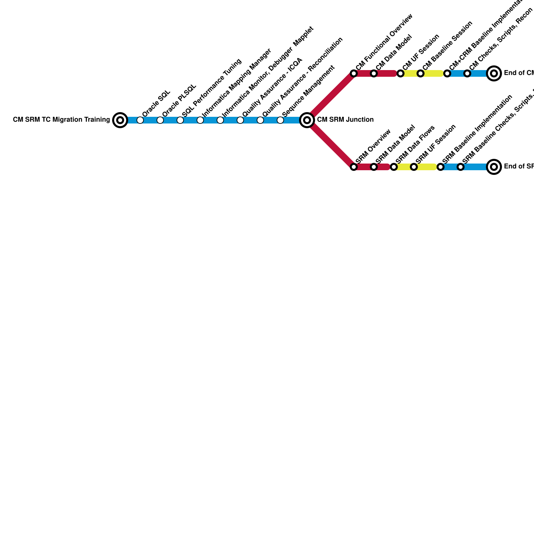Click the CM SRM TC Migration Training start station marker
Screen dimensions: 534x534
coord(120,120)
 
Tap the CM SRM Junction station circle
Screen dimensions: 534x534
coord(307,120)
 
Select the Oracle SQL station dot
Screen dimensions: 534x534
coord(140,120)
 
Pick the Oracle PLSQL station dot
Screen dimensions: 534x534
coord(160,120)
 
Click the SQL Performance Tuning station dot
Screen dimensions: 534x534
coord(180,120)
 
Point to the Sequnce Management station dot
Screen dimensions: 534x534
coord(280,120)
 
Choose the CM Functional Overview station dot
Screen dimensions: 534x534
coord(354,73)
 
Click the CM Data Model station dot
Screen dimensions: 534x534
coord(374,73)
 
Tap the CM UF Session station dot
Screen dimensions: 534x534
coord(400,73)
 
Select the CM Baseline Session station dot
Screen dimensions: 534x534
coord(421,73)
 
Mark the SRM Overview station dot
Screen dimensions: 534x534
coord(354,167)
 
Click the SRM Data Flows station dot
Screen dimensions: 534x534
coord(394,167)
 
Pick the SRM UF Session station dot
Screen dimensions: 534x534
coord(414,167)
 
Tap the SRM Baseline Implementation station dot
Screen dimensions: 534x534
coord(441,167)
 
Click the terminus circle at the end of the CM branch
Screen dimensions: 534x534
coord(494,73)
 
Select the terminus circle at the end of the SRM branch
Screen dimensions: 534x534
coord(494,167)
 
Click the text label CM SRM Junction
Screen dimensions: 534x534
coord(345,120)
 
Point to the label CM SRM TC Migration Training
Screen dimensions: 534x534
coord(61,120)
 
